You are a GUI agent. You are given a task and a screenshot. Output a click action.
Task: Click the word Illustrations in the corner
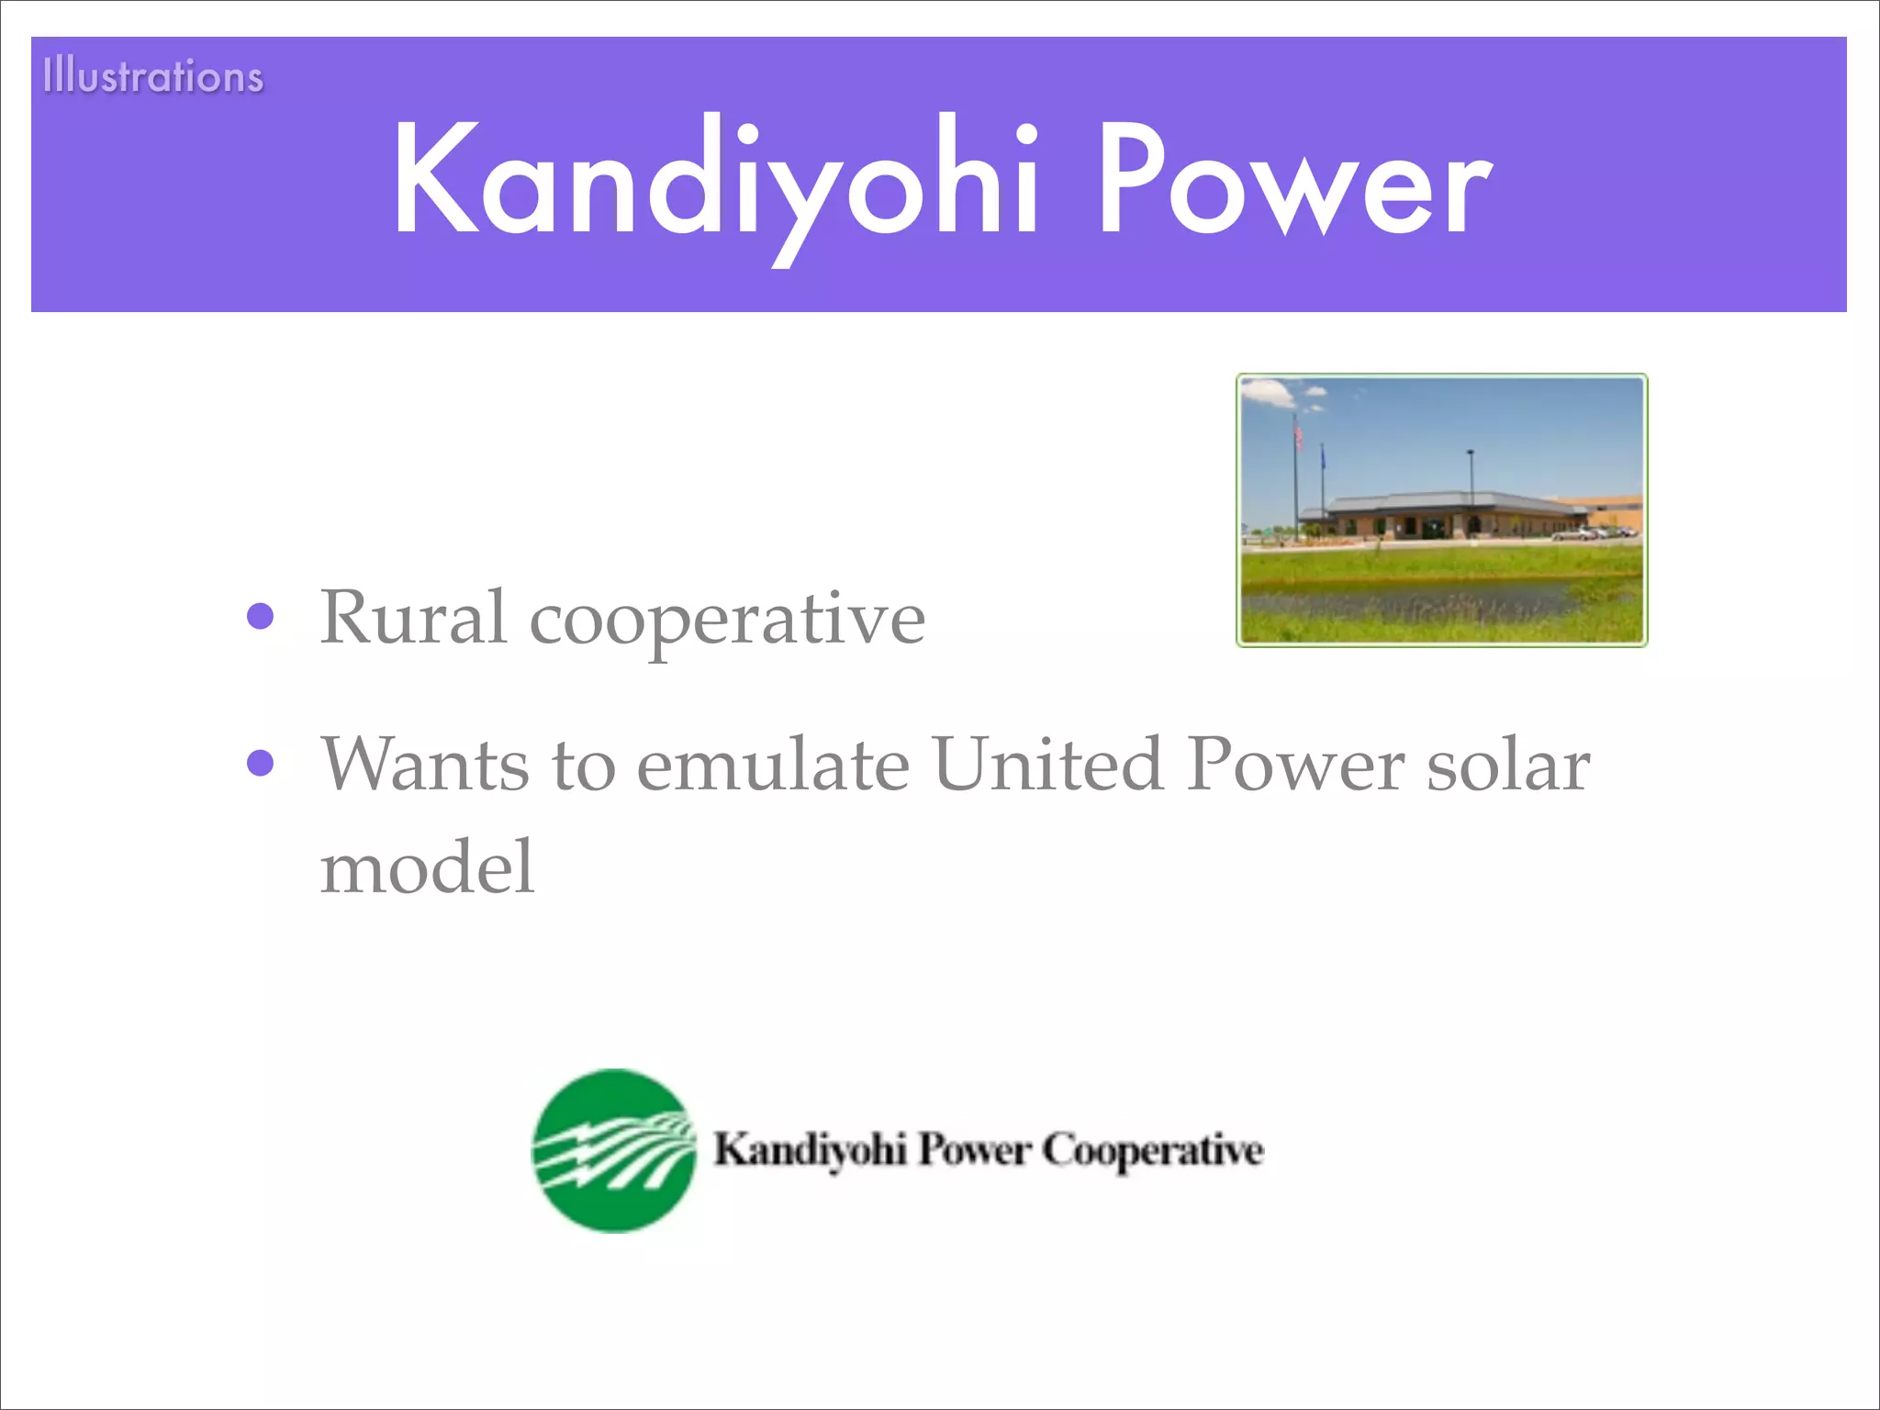(153, 75)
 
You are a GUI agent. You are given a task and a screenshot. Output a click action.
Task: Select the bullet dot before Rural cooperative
(261, 617)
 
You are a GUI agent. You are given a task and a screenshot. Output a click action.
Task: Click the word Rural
(413, 617)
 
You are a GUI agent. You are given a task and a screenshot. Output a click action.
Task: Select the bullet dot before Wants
(261, 764)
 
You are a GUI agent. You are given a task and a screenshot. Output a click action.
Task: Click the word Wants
(424, 764)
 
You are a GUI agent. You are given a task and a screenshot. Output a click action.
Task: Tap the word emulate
(773, 766)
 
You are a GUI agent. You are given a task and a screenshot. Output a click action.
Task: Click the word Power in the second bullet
(1294, 764)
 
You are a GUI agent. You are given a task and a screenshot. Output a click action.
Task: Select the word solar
(1508, 764)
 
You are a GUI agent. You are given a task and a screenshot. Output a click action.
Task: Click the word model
(427, 867)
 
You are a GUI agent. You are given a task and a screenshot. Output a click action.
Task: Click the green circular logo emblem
(614, 1150)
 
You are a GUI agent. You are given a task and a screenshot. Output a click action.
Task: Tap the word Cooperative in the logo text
(1153, 1150)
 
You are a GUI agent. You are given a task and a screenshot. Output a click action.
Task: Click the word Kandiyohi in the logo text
(811, 1150)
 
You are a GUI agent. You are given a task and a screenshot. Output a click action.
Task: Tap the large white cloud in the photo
(1268, 393)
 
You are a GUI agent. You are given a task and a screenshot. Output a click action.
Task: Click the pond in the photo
(1414, 601)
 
